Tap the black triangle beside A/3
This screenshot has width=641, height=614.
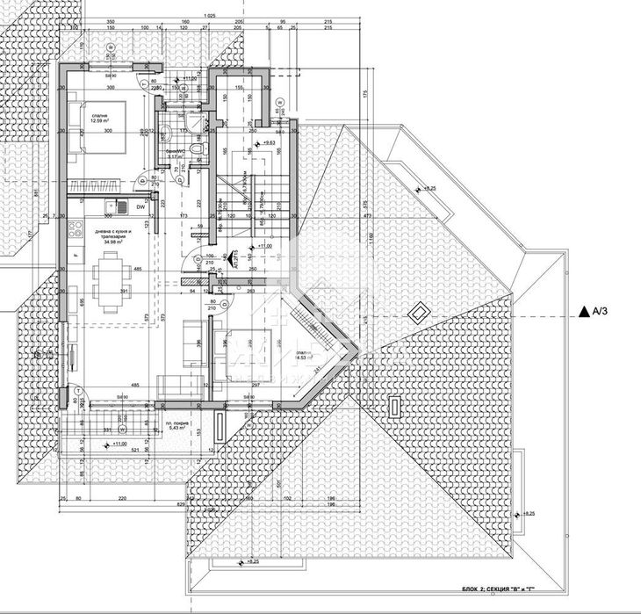583,309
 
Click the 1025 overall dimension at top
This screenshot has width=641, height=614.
207,16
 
